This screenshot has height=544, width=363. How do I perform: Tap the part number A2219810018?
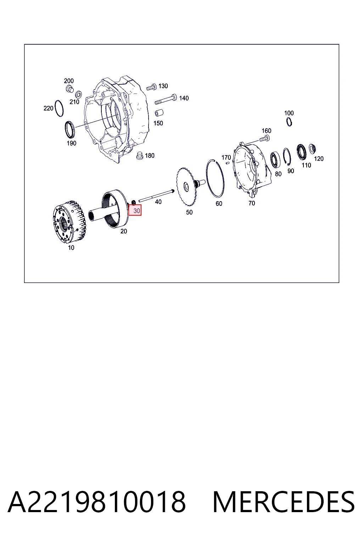[97, 502]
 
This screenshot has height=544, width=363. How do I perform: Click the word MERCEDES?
[284, 502]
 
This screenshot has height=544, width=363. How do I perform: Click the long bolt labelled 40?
[156, 196]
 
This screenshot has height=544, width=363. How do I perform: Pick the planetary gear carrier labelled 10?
[69, 221]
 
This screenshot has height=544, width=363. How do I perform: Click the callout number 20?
[123, 231]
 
